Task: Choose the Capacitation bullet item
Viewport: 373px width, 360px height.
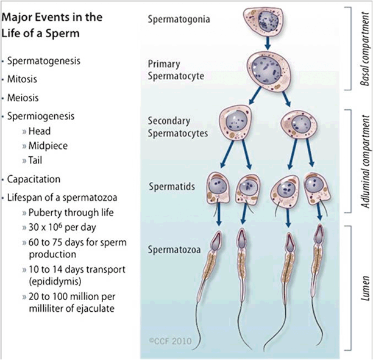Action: click(34, 179)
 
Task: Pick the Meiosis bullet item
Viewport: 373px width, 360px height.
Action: click(24, 96)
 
